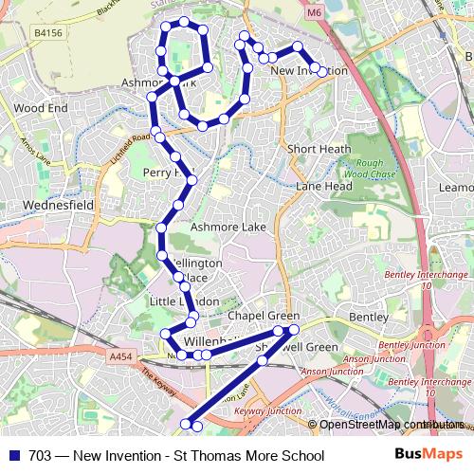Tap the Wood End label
coord(40,108)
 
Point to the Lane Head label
coord(323,187)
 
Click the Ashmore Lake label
coord(228,228)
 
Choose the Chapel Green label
coord(264,316)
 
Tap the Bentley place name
coord(369,316)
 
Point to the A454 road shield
coord(120,355)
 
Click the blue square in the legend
coord(14,456)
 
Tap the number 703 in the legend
coord(39,456)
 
